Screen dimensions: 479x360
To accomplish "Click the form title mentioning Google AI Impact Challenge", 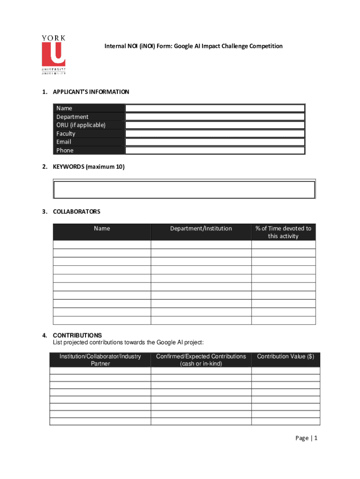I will (193, 46).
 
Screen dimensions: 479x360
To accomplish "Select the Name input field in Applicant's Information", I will (215, 108).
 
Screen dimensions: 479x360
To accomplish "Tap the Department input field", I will (215, 116).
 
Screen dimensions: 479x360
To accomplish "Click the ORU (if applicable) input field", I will (215, 125).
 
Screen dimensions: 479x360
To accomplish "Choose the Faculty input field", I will (215, 133).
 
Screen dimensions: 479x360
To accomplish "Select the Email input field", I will (215, 142).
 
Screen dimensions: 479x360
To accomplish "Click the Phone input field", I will (215, 150).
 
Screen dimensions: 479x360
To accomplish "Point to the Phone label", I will (65, 150).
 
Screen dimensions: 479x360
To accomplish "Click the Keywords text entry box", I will (184, 189).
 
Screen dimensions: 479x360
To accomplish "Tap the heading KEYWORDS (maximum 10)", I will (88, 167).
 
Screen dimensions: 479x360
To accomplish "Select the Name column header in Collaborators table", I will (102, 229).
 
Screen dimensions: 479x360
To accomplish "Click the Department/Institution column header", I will (201, 229).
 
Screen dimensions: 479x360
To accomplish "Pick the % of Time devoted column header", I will (283, 232).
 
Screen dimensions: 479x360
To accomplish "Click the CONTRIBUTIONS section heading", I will (77, 335).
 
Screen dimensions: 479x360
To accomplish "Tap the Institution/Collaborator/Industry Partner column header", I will (100, 360).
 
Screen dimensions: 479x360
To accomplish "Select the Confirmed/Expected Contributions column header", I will (201, 360).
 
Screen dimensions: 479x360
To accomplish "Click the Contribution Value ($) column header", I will (286, 356).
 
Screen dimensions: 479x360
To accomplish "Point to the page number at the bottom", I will (306, 438).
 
